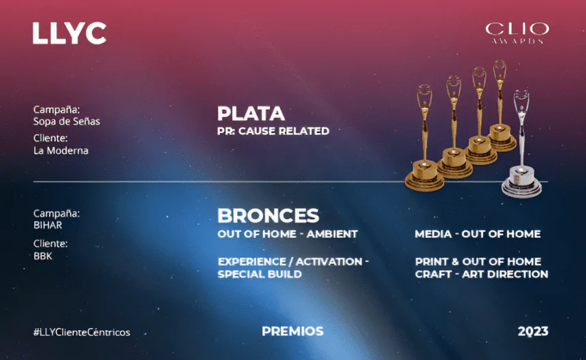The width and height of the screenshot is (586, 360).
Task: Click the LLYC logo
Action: tap(70, 33)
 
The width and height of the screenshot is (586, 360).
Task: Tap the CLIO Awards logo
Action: tap(517, 33)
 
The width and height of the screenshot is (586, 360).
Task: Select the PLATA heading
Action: tap(251, 114)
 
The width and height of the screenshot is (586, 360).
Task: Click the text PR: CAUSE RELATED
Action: tap(273, 131)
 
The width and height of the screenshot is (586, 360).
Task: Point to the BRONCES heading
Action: tap(268, 215)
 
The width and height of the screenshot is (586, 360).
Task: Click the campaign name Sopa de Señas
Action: tap(67, 121)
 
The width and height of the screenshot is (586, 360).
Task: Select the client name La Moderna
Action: tap(61, 151)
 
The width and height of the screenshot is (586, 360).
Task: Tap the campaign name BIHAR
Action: tap(48, 225)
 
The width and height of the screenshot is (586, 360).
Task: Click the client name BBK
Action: tap(43, 256)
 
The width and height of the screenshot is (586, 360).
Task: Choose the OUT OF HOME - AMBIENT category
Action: tap(288, 234)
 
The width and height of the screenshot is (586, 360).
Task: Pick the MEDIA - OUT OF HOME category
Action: tap(478, 234)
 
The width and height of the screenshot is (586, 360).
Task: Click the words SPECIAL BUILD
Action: tap(260, 274)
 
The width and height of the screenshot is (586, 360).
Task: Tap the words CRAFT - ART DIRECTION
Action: tap(481, 274)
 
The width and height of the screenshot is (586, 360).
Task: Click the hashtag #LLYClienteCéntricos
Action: tap(82, 332)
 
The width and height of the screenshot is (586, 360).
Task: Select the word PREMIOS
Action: tap(292, 331)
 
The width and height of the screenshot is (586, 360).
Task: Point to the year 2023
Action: tap(533, 331)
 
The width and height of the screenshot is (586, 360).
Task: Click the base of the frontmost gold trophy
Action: tap(425, 176)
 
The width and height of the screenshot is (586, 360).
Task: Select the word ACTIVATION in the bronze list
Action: tap(329, 262)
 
